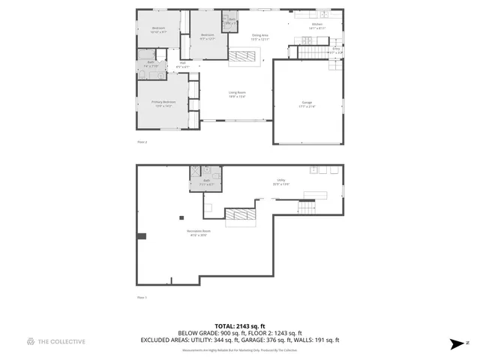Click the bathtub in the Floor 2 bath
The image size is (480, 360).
click(x=147, y=54)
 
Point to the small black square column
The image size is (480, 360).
click(x=180, y=217)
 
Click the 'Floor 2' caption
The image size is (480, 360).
click(x=142, y=141)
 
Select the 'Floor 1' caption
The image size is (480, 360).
click(x=142, y=298)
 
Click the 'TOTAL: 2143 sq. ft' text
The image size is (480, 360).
click(x=240, y=326)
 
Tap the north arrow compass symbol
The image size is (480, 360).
click(x=456, y=344)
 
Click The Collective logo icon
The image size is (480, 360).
click(x=31, y=341)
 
